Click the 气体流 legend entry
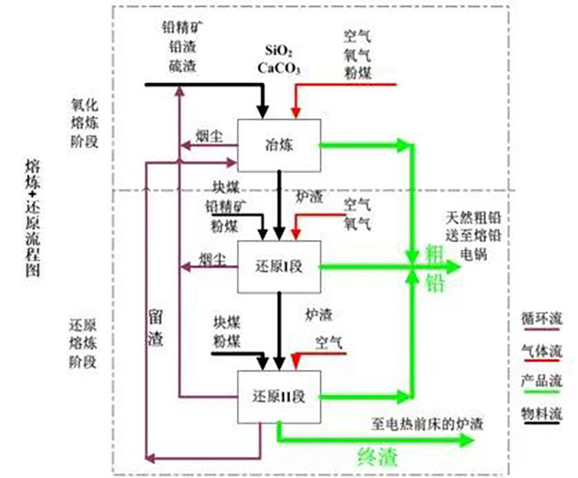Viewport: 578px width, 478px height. tap(542, 349)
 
